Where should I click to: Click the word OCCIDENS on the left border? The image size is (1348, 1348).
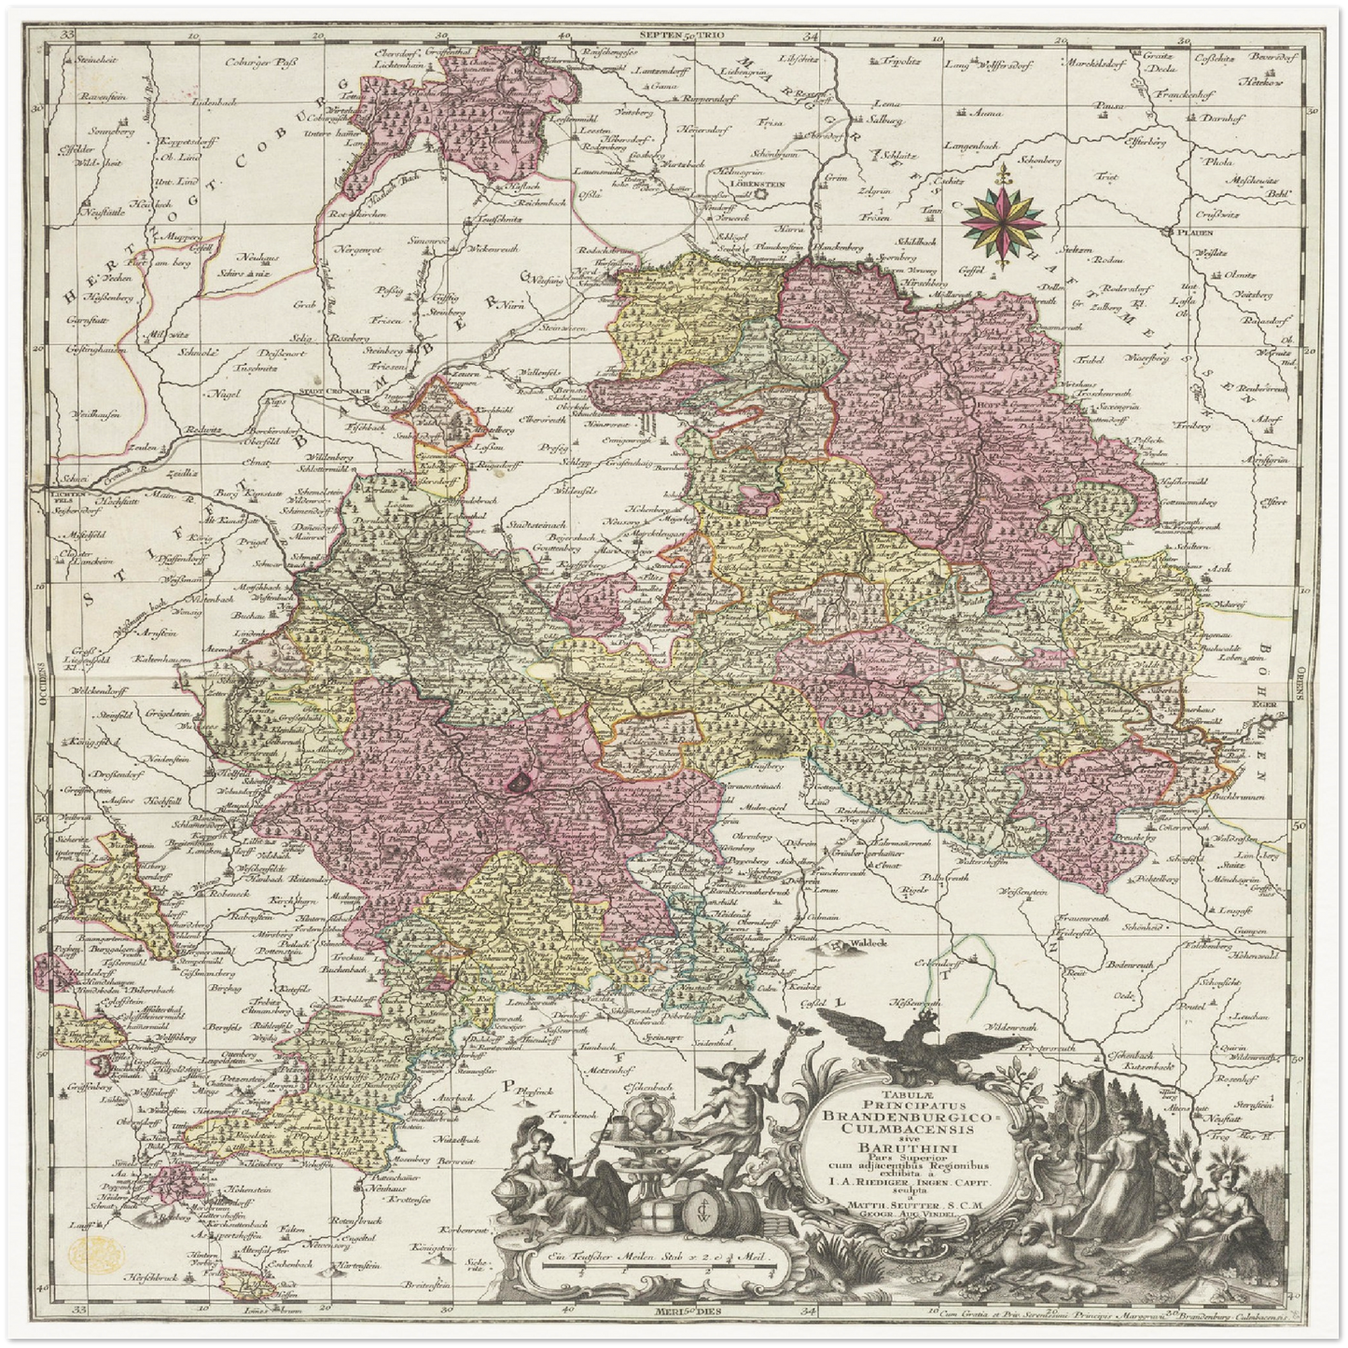(41, 678)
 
